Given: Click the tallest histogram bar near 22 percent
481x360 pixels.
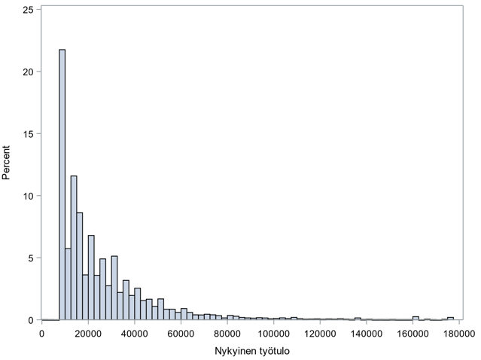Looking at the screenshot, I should (x=62, y=185).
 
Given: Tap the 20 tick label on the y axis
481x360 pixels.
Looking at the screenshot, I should (x=27, y=72).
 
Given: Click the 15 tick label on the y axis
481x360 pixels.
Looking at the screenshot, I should (x=27, y=134).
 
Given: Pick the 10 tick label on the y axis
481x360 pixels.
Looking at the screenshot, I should (x=27, y=197).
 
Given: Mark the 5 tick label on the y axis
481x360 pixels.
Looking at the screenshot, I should (x=30, y=258).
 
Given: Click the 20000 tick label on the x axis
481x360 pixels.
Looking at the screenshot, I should (x=88, y=333).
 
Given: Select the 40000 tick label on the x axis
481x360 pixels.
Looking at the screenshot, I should (x=134, y=333).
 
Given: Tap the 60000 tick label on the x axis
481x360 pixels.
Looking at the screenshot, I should (x=181, y=333).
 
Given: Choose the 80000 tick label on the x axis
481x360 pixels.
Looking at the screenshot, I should (x=227, y=333).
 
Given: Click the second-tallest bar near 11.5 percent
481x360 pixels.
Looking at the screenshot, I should (x=74, y=249).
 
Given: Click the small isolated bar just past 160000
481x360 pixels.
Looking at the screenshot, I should (x=416, y=319).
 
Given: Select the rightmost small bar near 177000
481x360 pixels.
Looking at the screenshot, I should (x=450, y=319).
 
